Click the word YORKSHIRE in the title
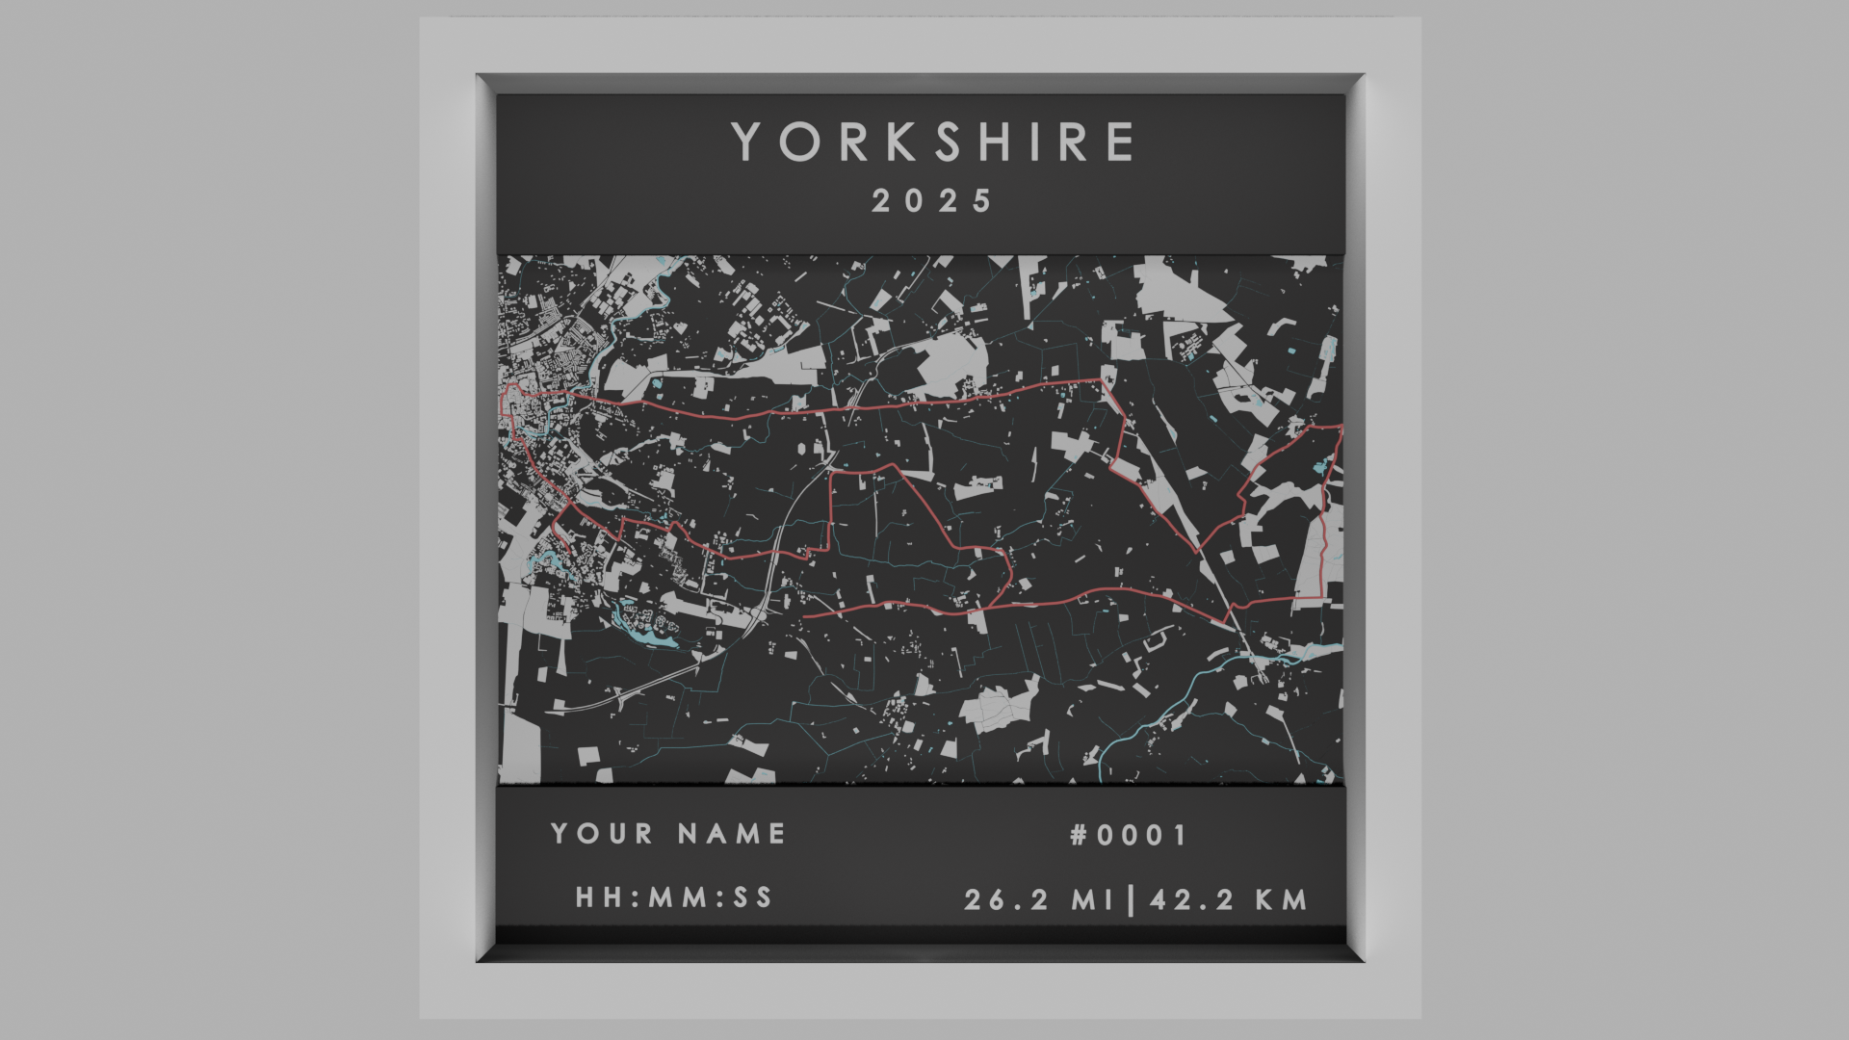(x=932, y=142)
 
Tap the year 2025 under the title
(x=932, y=201)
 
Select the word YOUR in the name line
(x=602, y=833)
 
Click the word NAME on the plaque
(x=732, y=833)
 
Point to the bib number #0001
(x=1130, y=835)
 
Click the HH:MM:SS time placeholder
(x=674, y=897)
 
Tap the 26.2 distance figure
(x=1010, y=900)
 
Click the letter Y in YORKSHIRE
(x=748, y=142)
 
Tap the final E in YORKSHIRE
(x=1120, y=142)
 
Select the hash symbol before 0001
(x=1080, y=835)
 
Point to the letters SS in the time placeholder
(x=753, y=897)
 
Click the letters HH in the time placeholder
(x=597, y=897)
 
